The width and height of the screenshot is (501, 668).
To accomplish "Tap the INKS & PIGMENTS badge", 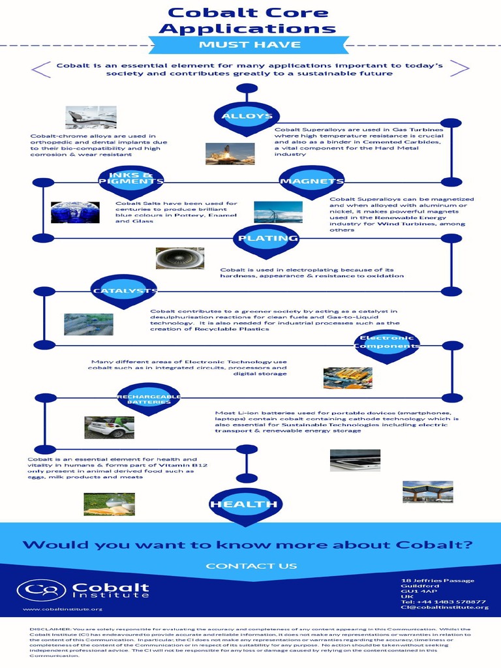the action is (x=131, y=179).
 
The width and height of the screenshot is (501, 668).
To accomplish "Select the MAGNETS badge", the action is (x=312, y=181).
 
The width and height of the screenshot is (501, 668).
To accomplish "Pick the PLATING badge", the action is (x=268, y=238).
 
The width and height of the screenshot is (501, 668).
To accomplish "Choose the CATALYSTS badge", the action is (x=125, y=290).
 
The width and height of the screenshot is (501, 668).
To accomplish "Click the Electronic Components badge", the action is (x=387, y=342).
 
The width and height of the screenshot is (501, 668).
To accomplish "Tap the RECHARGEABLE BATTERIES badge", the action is (x=149, y=399).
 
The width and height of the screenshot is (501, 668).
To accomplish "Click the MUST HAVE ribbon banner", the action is (x=250, y=44).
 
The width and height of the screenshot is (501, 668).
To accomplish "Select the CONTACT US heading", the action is (x=251, y=566).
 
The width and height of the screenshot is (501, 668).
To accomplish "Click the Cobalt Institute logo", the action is (x=83, y=590).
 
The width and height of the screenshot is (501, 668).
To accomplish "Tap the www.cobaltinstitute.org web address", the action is (x=63, y=609).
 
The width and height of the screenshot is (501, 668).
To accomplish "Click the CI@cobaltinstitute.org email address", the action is (x=444, y=607).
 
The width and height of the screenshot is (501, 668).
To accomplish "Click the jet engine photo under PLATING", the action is (x=180, y=258).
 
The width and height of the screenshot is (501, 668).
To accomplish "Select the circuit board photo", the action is (x=348, y=378).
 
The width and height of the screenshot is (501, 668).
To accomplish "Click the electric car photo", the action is (x=110, y=427).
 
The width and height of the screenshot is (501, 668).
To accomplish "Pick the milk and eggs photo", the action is (x=109, y=504).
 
